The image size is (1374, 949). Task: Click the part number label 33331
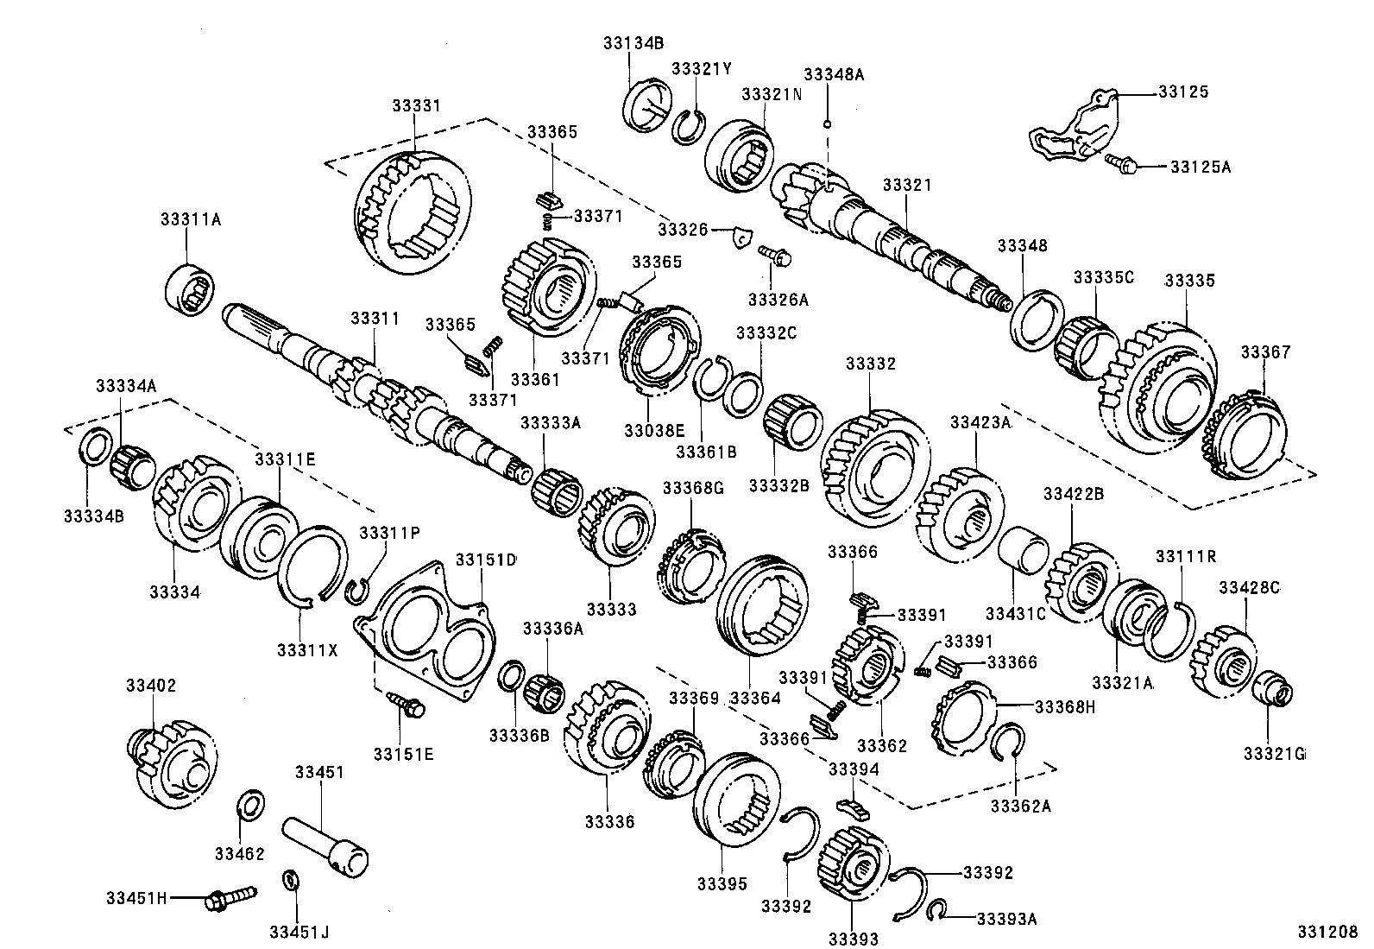coord(416,105)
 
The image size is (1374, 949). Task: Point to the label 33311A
coord(190,219)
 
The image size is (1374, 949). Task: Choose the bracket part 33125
coord(1075,130)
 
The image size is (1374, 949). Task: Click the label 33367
coord(1265,351)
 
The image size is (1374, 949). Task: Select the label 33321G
coord(1274,754)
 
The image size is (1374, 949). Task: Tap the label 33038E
coord(653,429)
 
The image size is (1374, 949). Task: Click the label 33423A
coord(980,422)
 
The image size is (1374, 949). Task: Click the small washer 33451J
coord(291,881)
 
